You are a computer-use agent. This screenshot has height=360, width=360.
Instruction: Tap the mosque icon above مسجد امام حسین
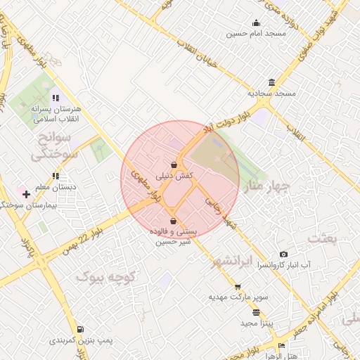tap(256, 22)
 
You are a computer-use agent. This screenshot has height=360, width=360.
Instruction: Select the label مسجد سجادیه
tap(271, 93)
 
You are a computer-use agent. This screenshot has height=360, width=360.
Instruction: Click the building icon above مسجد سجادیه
tap(271, 82)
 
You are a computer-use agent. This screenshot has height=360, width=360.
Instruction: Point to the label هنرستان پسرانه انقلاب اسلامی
tap(58, 114)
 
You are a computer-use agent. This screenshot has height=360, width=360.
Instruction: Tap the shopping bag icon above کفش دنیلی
tap(174, 163)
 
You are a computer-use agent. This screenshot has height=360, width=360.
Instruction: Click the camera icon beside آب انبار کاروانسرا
tap(283, 254)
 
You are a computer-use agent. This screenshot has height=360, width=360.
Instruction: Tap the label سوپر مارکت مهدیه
tap(238, 297)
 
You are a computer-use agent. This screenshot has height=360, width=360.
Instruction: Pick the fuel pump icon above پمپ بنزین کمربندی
tap(81, 329)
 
